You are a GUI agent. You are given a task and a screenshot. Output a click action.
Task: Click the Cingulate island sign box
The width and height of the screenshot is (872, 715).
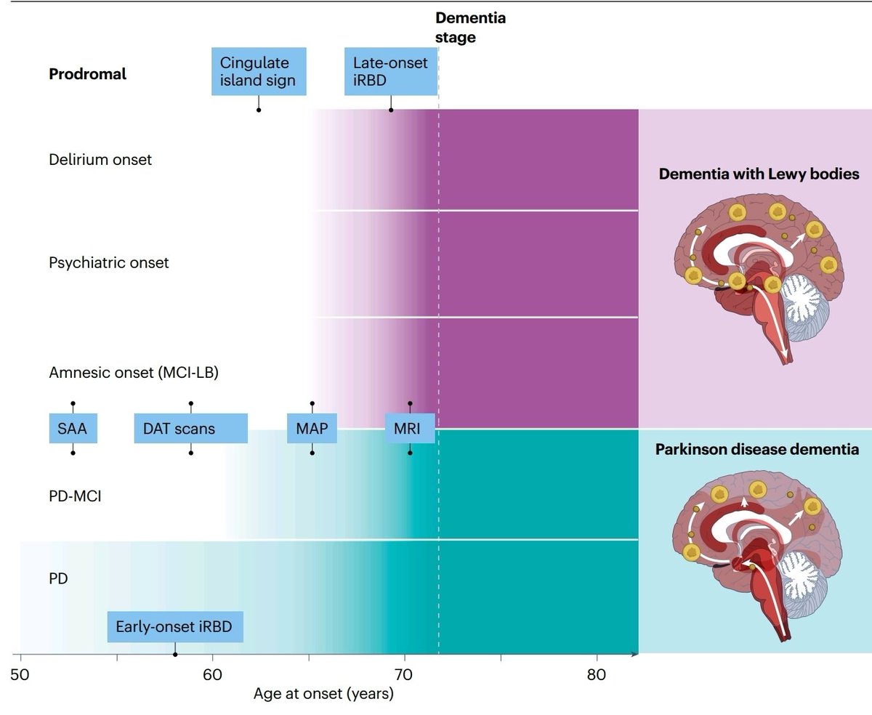[259, 71]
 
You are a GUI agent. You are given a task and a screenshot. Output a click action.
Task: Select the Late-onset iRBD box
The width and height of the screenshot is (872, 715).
[391, 71]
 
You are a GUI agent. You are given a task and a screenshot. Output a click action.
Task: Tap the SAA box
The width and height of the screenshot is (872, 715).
[73, 428]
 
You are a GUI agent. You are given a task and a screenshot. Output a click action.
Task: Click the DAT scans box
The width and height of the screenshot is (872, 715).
[190, 428]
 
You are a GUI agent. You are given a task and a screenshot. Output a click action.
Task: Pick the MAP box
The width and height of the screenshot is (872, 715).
[312, 428]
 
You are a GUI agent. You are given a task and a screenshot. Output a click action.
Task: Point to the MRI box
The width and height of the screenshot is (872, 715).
[410, 428]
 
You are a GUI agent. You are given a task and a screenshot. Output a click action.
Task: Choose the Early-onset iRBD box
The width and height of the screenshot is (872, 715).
[175, 626]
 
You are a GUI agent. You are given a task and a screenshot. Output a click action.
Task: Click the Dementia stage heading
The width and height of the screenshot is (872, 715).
[470, 28]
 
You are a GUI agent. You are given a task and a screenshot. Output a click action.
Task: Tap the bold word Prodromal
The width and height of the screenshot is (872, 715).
[87, 74]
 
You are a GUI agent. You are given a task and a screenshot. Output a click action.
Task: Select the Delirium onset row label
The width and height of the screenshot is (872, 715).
[100, 159]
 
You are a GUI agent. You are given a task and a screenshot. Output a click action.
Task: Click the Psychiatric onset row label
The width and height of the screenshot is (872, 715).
[108, 262]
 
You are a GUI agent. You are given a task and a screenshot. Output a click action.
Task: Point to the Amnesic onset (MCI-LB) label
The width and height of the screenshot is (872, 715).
[134, 373]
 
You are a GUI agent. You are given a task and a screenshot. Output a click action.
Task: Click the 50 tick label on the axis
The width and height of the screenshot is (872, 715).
[20, 674]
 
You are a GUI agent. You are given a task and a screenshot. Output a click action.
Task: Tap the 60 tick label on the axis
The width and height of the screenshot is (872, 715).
[212, 674]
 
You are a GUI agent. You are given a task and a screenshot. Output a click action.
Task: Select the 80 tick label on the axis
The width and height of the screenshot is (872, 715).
[597, 674]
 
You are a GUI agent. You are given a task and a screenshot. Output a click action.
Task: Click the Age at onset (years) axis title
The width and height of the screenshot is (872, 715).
[323, 694]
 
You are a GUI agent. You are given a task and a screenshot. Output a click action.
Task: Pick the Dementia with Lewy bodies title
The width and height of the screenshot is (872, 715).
[759, 174]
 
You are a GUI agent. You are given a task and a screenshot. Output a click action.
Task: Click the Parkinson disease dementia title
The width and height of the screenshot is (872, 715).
[757, 449]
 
